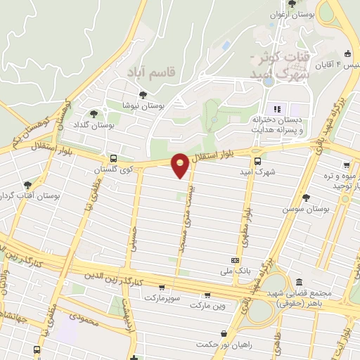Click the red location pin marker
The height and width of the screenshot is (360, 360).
(181, 165)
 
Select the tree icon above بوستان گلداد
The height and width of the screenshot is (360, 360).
(94, 114)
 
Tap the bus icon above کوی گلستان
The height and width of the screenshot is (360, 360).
(114, 159)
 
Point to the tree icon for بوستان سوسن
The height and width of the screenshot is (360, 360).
(305, 198)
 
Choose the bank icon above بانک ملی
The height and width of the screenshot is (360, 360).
(234, 259)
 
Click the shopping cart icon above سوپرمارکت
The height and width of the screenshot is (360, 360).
(162, 287)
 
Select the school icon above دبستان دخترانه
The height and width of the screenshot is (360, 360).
(277, 109)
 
